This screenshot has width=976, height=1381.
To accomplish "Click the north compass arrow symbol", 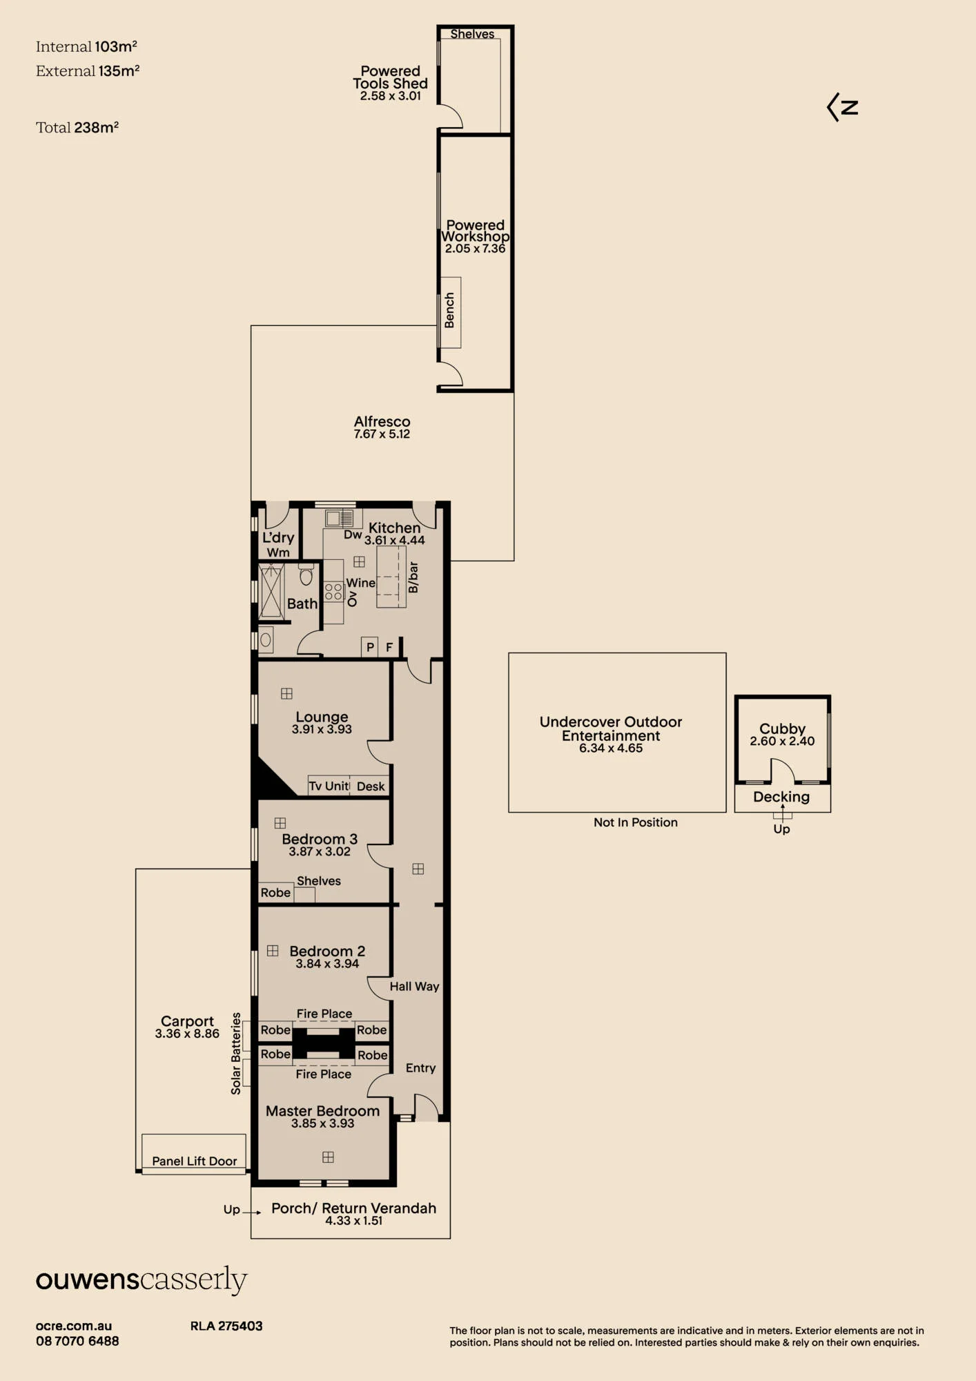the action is point(842,107).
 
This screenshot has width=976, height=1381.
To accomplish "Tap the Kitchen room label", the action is point(394,528).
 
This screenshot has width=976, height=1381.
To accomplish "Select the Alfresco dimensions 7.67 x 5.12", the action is point(382,434).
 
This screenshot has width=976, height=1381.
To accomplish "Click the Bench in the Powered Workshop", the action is point(450,312).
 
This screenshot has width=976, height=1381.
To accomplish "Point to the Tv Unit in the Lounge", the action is point(329,786).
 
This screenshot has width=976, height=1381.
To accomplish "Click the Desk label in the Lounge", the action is point(371,786).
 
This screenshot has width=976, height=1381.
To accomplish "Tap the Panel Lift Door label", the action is point(194,1161).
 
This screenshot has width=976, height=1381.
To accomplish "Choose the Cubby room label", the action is point(782,728).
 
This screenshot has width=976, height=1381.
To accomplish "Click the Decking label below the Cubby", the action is point(781,797).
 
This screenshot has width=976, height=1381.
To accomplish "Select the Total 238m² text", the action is point(77,127).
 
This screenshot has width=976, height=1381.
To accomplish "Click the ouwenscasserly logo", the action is point(141,1279).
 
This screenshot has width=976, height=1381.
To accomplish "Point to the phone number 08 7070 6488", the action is point(77,1341).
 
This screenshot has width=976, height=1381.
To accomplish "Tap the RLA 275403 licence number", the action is point(226,1326).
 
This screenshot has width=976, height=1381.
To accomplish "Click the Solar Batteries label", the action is point(236,1053).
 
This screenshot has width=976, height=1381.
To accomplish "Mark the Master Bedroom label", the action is point(322,1111).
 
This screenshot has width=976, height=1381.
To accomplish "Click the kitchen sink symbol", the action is point(340,518).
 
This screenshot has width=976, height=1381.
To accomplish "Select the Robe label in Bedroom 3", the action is point(275,892).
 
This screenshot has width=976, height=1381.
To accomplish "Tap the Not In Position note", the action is point(636,822).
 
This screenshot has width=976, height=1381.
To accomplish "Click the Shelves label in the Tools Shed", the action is point(472,34).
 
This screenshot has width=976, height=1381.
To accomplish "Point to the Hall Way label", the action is point(414,987).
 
